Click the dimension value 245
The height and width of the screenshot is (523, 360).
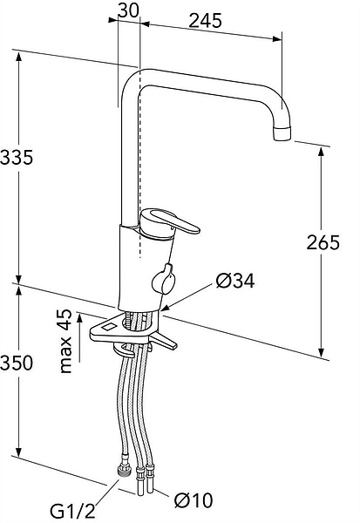205,21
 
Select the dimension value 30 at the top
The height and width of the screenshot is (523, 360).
128,10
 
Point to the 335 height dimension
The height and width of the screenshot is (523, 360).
17,157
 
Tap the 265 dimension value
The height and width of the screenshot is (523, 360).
323,242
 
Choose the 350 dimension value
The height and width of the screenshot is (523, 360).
17,363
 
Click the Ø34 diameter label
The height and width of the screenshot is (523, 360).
235,281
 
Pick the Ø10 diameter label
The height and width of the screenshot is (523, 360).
194,500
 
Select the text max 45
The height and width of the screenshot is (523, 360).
65,341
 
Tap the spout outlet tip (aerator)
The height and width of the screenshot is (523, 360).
282,132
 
